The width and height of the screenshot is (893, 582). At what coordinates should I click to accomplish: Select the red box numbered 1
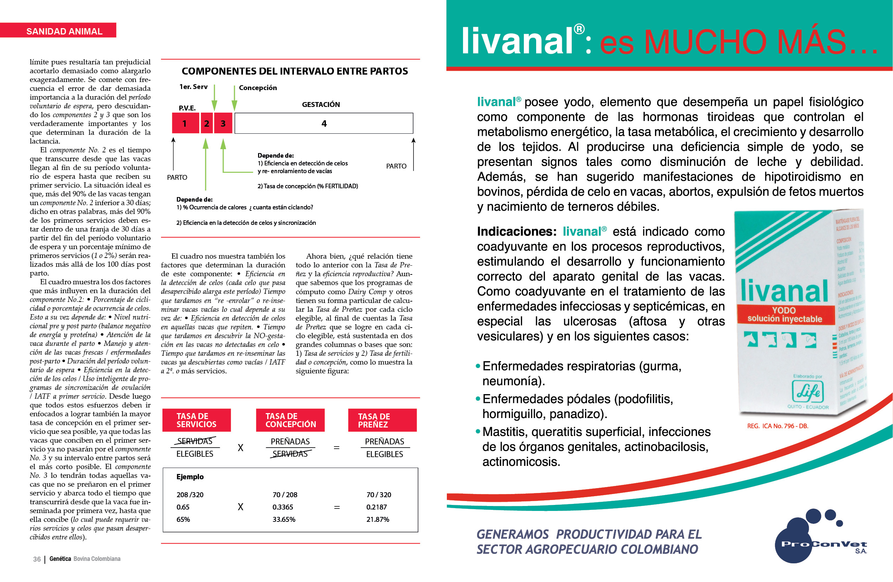pos(185,124)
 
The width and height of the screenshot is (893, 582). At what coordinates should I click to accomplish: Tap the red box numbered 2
pos(206,124)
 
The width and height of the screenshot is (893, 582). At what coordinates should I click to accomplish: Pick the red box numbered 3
pos(223,124)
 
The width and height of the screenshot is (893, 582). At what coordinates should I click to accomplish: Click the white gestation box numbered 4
pos(324,124)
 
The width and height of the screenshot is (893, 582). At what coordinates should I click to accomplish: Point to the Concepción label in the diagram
pos(258,88)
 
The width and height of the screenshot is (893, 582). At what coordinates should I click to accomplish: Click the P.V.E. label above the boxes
pos(187,108)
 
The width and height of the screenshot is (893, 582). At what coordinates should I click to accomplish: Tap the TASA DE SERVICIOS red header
pos(196,420)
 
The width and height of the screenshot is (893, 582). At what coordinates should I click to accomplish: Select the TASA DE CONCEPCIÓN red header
pos(290,420)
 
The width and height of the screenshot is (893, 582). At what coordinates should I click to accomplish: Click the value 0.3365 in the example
pos(283,507)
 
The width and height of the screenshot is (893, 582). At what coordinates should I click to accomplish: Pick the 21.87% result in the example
pos(378,519)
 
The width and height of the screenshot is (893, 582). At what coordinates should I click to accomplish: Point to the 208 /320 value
pos(190,494)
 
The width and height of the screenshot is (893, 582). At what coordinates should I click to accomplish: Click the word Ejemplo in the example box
pos(190,476)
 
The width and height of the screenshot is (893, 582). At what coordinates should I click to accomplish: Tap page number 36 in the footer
pos(37,559)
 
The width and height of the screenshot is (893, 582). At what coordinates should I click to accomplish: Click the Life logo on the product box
pos(808,392)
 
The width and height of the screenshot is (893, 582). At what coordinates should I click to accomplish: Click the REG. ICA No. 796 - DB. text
pos(777,426)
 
